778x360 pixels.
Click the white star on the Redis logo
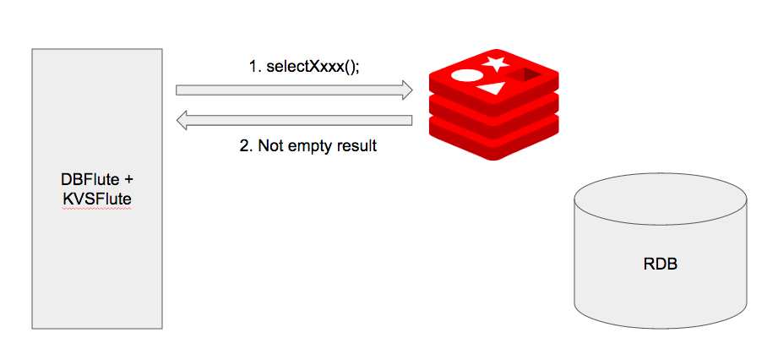point(496,63)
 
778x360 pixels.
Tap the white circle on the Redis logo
point(467,74)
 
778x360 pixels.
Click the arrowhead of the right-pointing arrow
point(407,90)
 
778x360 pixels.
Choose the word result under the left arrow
point(355,145)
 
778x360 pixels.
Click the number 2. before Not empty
point(246,145)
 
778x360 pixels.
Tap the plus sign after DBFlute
point(129,179)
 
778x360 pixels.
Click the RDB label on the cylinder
point(660,264)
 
